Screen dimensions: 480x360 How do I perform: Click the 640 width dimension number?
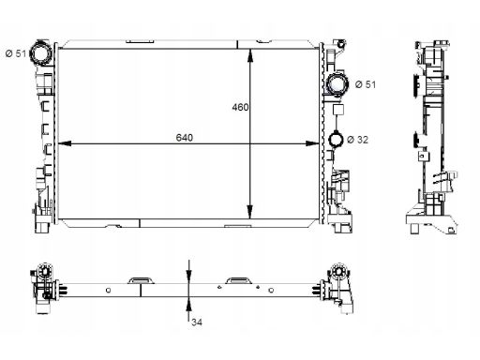click(185, 138)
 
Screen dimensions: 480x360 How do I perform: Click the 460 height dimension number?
click(240, 107)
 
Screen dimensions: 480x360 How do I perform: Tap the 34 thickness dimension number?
click(197, 322)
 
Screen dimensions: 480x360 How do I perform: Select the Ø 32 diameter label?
click(358, 140)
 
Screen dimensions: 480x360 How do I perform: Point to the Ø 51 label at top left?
click(16, 53)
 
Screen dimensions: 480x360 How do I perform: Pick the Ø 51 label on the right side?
click(366, 84)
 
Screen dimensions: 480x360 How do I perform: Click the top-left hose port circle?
click(40, 53)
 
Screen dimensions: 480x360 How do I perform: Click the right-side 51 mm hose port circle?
click(337, 83)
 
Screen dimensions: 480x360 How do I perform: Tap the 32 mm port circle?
click(337, 139)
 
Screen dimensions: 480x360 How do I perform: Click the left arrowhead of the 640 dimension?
click(65, 143)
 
